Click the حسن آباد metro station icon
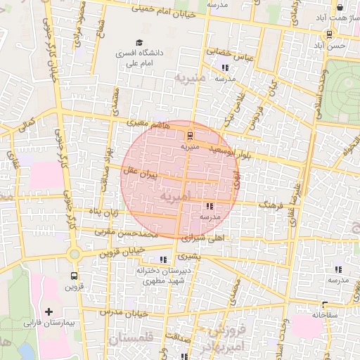pos(329,34)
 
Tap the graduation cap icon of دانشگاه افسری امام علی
pos(139,43)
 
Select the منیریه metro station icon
pos(189,136)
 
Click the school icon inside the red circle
pos(210,206)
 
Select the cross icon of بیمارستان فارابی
pos(49,311)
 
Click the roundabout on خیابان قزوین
pos(74,254)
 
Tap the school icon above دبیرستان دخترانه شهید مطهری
pos(164,259)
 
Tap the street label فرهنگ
pos(269,205)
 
